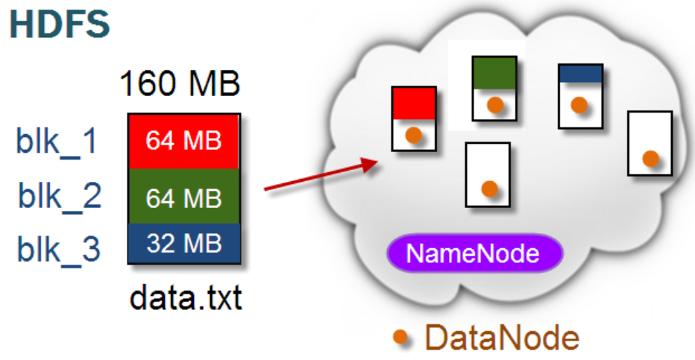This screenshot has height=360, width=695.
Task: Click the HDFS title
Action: (60, 24)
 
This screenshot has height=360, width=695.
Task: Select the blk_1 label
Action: (57, 141)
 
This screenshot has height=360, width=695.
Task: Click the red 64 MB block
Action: (183, 141)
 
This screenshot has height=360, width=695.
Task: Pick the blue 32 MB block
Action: (183, 244)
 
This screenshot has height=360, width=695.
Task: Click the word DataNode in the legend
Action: (502, 338)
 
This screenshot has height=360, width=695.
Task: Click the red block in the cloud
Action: (414, 103)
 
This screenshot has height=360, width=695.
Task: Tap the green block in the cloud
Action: (495, 73)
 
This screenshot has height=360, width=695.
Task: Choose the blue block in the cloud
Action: (580, 73)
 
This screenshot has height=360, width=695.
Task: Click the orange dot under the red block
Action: (414, 136)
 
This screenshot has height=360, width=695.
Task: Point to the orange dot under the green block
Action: (495, 106)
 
